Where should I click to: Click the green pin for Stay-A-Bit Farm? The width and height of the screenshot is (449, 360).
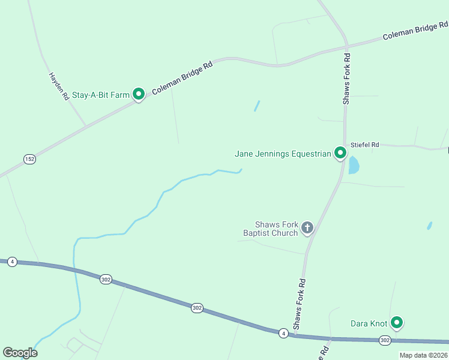coord(139,94)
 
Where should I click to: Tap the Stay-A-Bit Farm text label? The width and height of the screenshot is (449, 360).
coord(101,95)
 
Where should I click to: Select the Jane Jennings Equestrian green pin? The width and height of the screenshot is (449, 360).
coord(340,153)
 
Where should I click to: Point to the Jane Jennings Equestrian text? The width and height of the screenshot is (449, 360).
coord(283,154)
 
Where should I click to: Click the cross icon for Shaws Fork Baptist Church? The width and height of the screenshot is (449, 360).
coord(307,227)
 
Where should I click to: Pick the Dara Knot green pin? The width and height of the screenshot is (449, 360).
coord(396,323)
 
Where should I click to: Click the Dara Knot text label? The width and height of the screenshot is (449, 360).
coord(369,324)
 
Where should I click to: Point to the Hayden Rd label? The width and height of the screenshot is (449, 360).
coord(59,86)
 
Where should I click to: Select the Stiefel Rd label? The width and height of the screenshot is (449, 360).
coord(365,145)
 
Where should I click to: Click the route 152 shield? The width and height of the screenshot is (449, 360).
coord(29,159)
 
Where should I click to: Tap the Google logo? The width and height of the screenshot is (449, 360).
coord(20,353)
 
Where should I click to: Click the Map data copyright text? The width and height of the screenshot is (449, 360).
coord(423,355)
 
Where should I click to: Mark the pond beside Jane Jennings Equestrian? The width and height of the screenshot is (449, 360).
coord(354,165)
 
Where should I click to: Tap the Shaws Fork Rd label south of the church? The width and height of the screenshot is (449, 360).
coord(299,304)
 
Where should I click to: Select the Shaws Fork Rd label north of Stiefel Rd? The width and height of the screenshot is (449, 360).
coord(346,79)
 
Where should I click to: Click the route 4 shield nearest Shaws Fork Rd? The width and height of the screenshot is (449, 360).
coord(283,333)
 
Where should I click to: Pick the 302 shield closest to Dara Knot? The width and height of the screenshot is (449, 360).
coord(385,340)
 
